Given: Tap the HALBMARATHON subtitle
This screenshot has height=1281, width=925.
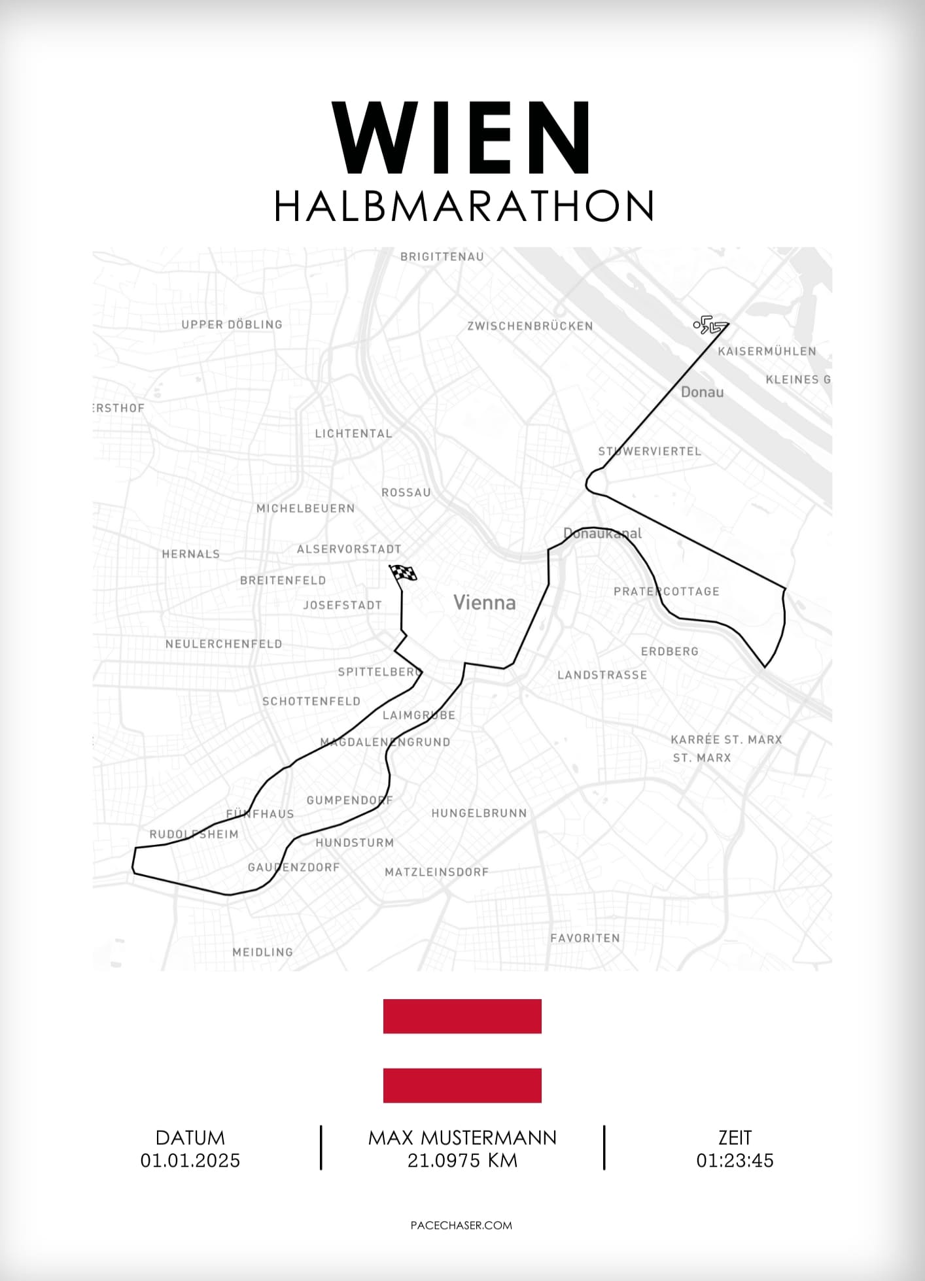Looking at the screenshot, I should [464, 207].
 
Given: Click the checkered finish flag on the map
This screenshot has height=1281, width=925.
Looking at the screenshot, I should [404, 573].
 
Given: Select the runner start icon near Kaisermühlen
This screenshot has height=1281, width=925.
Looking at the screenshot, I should [708, 325].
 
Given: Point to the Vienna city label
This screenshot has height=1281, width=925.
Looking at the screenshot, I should [485, 602].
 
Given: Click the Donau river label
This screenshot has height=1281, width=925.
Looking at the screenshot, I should [702, 392].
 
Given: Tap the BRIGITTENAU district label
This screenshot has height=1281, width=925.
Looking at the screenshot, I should [442, 257].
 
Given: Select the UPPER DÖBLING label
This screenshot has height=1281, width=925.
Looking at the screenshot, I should [232, 324].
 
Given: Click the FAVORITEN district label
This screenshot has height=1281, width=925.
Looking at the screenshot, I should [585, 938].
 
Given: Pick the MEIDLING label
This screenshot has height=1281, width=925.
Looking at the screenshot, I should [263, 952].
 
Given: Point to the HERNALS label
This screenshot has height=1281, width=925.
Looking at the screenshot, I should [191, 554].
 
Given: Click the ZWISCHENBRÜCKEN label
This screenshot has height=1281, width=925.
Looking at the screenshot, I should [530, 326].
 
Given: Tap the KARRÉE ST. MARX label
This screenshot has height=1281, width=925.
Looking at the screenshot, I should [726, 740].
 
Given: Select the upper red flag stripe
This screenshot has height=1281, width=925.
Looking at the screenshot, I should [462, 1016].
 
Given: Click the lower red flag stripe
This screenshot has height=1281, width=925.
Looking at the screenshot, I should [462, 1085].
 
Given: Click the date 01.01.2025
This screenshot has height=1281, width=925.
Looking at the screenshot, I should [190, 1161].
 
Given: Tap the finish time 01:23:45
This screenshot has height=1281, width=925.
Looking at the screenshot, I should [735, 1161].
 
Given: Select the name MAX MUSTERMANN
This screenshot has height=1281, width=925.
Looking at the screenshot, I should [462, 1138].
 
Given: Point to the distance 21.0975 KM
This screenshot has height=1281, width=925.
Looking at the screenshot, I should [462, 1161].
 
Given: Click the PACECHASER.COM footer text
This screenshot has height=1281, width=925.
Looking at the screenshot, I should [461, 1225].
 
